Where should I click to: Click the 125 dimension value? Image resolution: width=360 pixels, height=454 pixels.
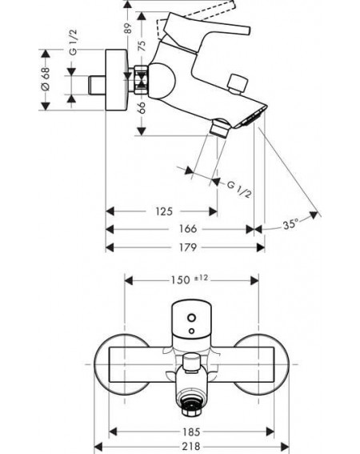tap(164, 211)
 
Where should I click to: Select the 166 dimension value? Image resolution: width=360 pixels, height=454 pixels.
tap(187, 229)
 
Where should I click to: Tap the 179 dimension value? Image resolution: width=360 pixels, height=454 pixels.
tap(187, 247)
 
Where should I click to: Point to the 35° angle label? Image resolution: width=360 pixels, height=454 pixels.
tap(290, 224)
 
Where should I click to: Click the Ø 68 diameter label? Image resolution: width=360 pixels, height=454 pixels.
tap(46, 78)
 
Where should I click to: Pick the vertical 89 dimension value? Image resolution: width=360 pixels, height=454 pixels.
tap(128, 28)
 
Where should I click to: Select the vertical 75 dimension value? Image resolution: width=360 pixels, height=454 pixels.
tap(142, 46)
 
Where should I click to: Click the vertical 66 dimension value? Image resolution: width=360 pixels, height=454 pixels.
tap(142, 108)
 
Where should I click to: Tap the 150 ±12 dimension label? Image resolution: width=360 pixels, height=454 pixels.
tap(189, 279)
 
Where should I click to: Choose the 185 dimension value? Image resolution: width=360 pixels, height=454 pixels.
tap(191, 432)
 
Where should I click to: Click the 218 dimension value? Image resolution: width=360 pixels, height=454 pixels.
tap(191, 447)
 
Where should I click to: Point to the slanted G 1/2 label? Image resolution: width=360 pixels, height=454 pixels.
tap(239, 189)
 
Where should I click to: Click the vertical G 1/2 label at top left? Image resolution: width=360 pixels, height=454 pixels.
tap(74, 42)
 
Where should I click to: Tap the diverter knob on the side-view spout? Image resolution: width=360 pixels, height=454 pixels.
tap(238, 84)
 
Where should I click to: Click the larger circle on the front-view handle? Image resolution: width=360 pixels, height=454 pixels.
tap(191, 318)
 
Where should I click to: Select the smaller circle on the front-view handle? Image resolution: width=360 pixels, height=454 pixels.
tap(191, 331)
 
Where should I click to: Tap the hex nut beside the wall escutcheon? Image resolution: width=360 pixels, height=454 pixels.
tap(141, 79)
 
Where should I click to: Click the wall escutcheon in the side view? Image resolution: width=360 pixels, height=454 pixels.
tap(116, 79)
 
